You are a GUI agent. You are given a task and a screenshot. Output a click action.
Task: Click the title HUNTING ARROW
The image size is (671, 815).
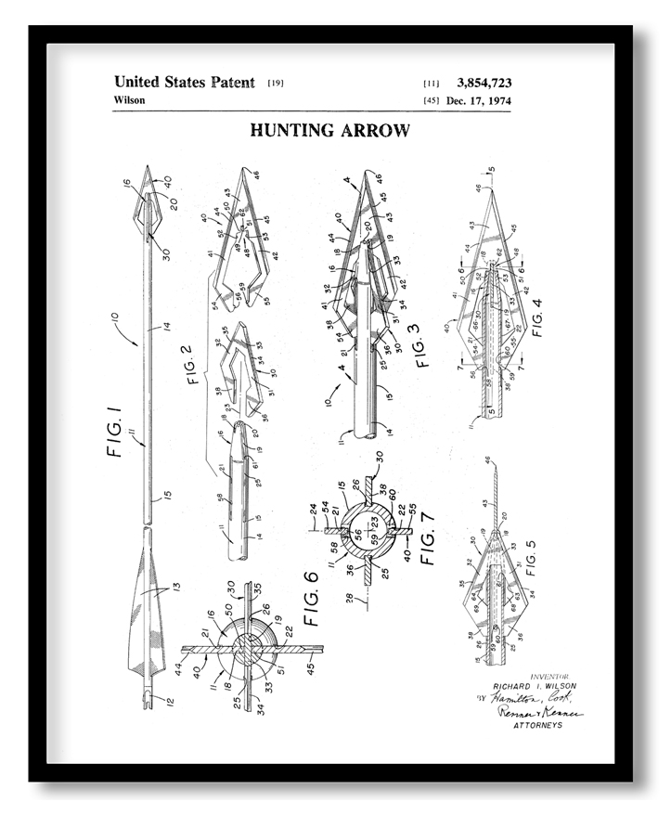click(x=329, y=131)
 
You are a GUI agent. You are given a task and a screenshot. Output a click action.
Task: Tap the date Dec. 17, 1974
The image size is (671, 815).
click(x=477, y=100)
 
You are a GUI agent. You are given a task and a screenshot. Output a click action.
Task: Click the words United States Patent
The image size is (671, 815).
click(x=184, y=83)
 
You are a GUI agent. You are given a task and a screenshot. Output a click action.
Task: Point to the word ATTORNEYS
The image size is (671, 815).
click(x=538, y=725)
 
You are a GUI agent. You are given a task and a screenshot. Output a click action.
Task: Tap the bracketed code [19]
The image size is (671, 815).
click(x=276, y=84)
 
